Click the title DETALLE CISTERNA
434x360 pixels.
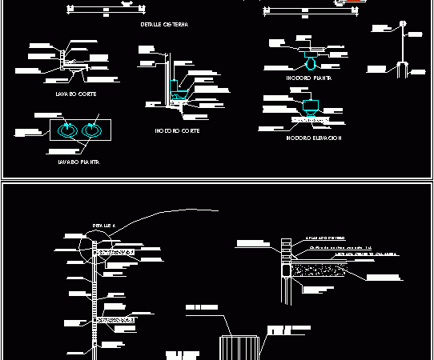[x=164, y=26]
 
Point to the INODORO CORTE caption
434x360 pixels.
[x=178, y=130]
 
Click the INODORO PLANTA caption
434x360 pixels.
[x=308, y=78]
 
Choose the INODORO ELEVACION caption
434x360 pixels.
[x=313, y=138]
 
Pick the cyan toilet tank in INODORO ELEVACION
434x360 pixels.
[x=310, y=106]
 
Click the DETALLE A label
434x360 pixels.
[x=104, y=226]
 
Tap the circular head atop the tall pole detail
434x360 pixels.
[x=404, y=34]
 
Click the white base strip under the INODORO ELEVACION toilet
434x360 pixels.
[x=309, y=120]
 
